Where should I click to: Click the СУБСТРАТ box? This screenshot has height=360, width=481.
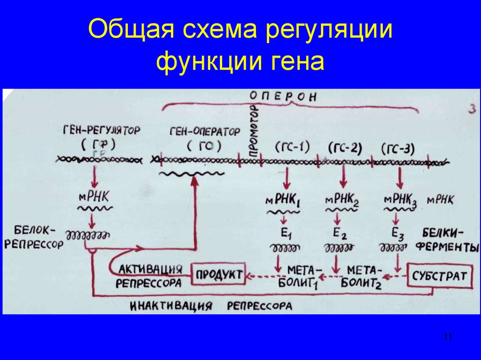pyautogui.click(x=440, y=276)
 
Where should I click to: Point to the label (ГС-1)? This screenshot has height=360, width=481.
pyautogui.click(x=292, y=147)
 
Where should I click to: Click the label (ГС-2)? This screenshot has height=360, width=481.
pyautogui.click(x=344, y=148)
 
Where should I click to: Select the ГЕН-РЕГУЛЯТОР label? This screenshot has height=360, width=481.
pyautogui.click(x=101, y=130)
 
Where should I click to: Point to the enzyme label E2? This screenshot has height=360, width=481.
pyautogui.click(x=339, y=231)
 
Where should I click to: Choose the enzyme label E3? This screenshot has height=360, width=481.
pyautogui.click(x=396, y=231)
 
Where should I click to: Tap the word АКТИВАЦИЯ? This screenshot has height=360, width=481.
pyautogui.click(x=150, y=269)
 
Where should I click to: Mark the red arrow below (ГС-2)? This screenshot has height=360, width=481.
pyautogui.click(x=341, y=178)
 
